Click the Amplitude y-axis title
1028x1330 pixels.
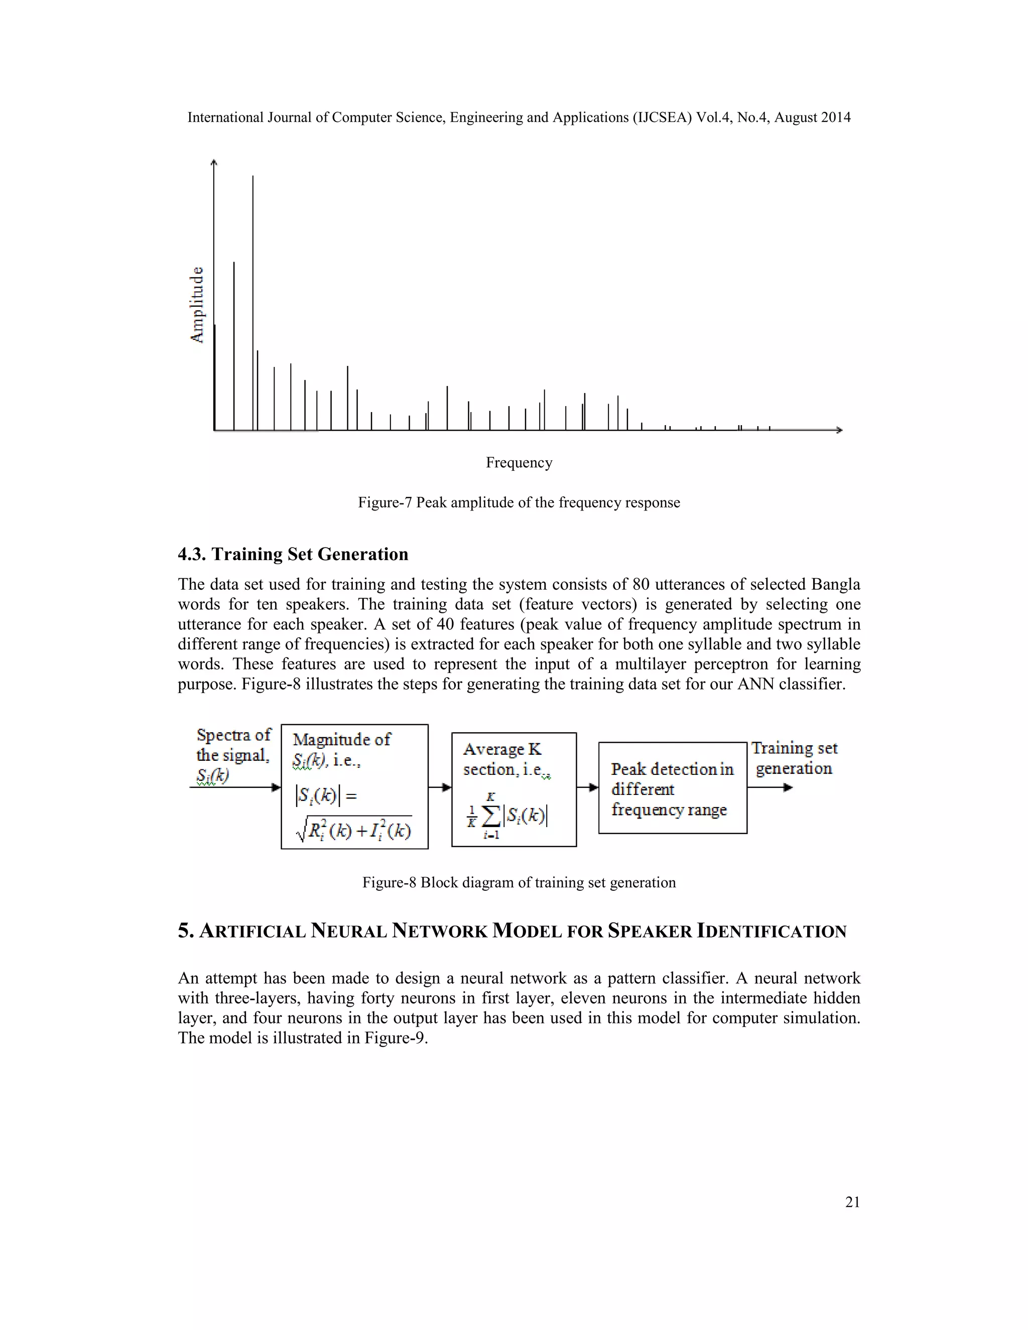coord(197,305)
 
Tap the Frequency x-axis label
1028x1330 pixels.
coord(519,463)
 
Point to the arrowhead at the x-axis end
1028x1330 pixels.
coord(839,430)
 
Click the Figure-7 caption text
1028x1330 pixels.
coord(519,503)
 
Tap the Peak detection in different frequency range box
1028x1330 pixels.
coord(672,788)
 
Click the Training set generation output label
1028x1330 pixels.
coord(794,758)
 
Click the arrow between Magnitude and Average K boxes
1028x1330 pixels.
coord(440,787)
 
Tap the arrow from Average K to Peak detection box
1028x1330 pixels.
coord(588,787)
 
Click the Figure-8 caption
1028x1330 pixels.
coord(519,883)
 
